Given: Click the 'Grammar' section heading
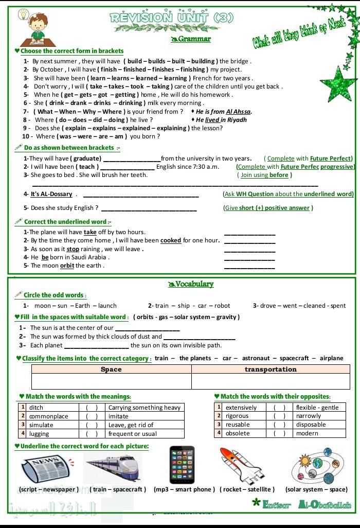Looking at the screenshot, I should point(191,39).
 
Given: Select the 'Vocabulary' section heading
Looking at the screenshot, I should point(191,284).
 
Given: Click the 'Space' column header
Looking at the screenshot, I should point(111,369).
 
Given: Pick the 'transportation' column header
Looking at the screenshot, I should point(271,369).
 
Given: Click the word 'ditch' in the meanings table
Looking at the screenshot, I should point(37,408).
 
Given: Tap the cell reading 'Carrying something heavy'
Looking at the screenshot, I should point(144,408).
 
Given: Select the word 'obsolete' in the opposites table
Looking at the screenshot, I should point(237,433).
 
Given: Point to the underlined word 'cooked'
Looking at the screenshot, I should point(171,240).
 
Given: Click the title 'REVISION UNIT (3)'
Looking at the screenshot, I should point(172,17).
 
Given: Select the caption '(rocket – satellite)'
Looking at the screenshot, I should point(247,489).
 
